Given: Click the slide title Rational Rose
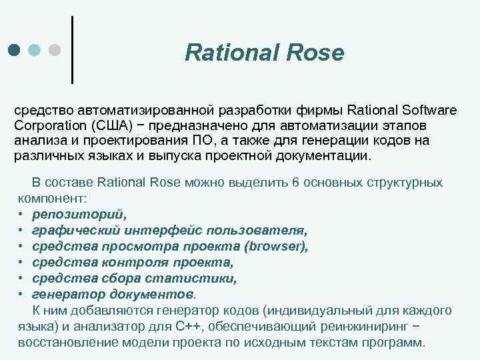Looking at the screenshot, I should (x=264, y=52).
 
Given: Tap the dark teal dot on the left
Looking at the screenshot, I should (x=14, y=50).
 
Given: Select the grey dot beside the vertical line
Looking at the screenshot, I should (x=56, y=50).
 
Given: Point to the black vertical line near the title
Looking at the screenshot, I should (x=72, y=50).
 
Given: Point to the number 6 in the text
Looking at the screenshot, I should (x=295, y=183).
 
